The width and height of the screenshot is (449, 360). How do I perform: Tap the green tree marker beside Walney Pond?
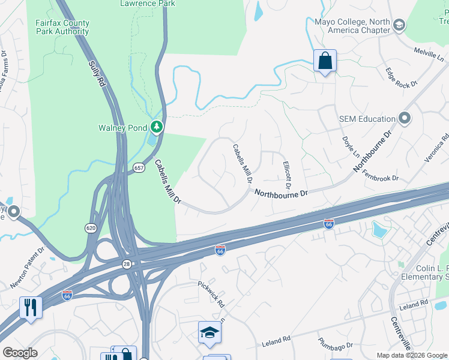point(157,127)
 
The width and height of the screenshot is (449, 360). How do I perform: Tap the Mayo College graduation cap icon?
point(399,25)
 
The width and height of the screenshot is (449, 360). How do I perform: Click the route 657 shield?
point(139,167)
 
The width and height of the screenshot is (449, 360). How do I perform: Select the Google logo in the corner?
point(20,353)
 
